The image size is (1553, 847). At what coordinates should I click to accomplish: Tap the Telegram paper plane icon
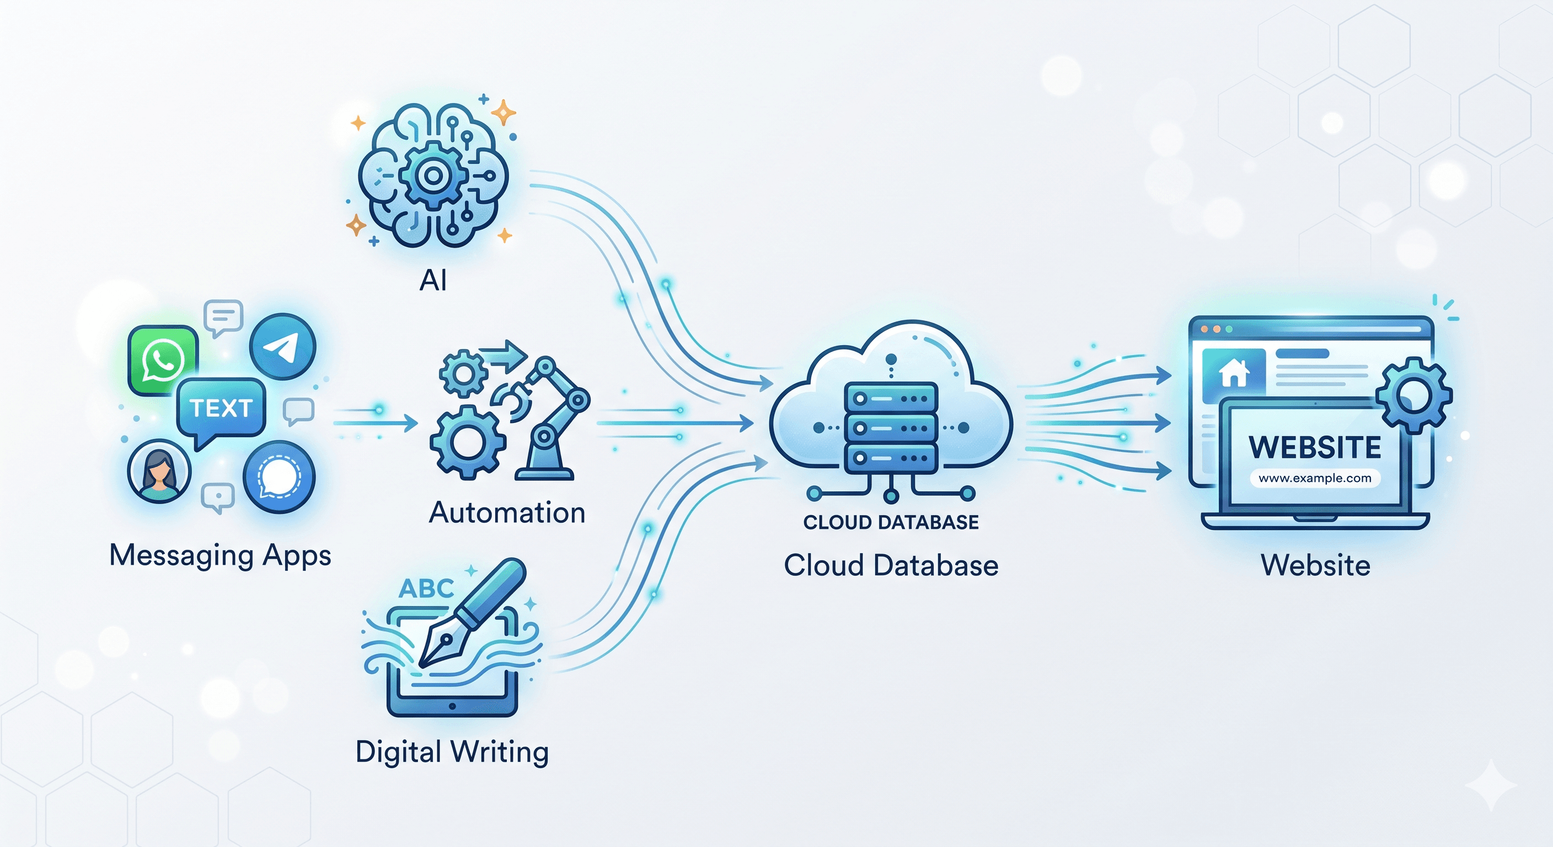click(282, 347)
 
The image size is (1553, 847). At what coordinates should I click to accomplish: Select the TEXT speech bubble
click(221, 408)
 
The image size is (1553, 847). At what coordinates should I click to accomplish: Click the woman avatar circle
click(159, 471)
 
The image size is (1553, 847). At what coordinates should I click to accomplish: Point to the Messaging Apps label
click(220, 555)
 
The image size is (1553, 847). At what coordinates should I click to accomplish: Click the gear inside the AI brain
click(432, 175)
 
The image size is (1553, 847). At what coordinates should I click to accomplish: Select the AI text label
click(433, 280)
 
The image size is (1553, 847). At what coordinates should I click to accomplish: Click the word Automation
click(507, 513)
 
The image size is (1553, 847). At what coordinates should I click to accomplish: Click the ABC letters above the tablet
click(426, 588)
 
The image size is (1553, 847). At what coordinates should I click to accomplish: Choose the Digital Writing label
click(452, 752)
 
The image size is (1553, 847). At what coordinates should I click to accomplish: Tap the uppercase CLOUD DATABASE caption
click(891, 522)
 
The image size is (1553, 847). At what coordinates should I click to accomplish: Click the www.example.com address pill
click(1315, 478)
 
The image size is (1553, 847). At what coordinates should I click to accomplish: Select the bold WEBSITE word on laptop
click(1315, 447)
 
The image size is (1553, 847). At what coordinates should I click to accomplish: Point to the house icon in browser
click(1234, 373)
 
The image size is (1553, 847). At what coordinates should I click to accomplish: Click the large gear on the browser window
click(1413, 395)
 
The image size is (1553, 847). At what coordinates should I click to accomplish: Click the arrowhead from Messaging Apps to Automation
click(411, 422)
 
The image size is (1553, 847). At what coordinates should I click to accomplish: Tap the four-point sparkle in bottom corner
click(1490, 785)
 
